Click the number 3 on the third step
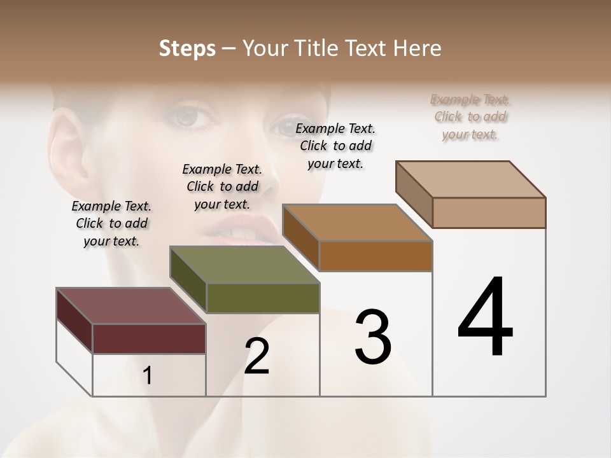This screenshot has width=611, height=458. [x=372, y=337]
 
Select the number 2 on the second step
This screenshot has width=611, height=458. [x=257, y=356]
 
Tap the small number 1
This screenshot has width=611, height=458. [x=147, y=375]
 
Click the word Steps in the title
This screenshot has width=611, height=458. [x=187, y=48]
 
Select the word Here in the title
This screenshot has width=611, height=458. [x=418, y=48]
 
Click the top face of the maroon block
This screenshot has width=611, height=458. [x=130, y=306]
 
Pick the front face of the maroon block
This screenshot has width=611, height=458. [x=149, y=338]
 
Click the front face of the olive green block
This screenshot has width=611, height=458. [x=262, y=298]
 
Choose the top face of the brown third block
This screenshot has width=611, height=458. [x=357, y=223]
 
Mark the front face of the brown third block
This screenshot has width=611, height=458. [x=376, y=256]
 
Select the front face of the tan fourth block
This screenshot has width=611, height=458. [x=489, y=212]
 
